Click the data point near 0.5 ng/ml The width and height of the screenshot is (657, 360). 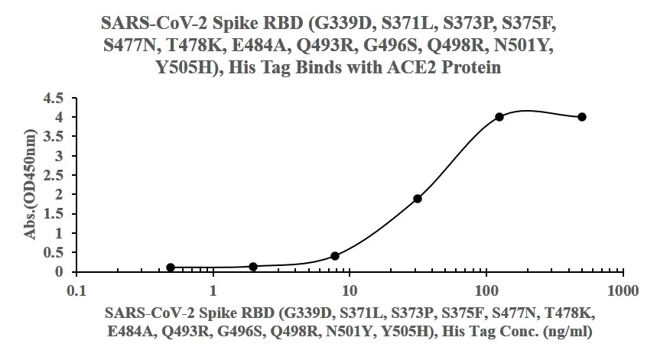[171, 268]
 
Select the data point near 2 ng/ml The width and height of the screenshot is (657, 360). [253, 266]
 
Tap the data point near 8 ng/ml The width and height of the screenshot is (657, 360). [335, 256]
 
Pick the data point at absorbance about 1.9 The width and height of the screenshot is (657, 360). [418, 199]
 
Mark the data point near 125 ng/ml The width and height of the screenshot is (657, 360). [499, 117]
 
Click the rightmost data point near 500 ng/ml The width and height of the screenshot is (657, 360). [582, 117]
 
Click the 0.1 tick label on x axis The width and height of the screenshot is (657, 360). [76, 291]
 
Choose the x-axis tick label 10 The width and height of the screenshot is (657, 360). [350, 291]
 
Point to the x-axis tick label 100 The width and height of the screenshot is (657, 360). [486, 291]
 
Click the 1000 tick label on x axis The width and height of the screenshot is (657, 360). [623, 291]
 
